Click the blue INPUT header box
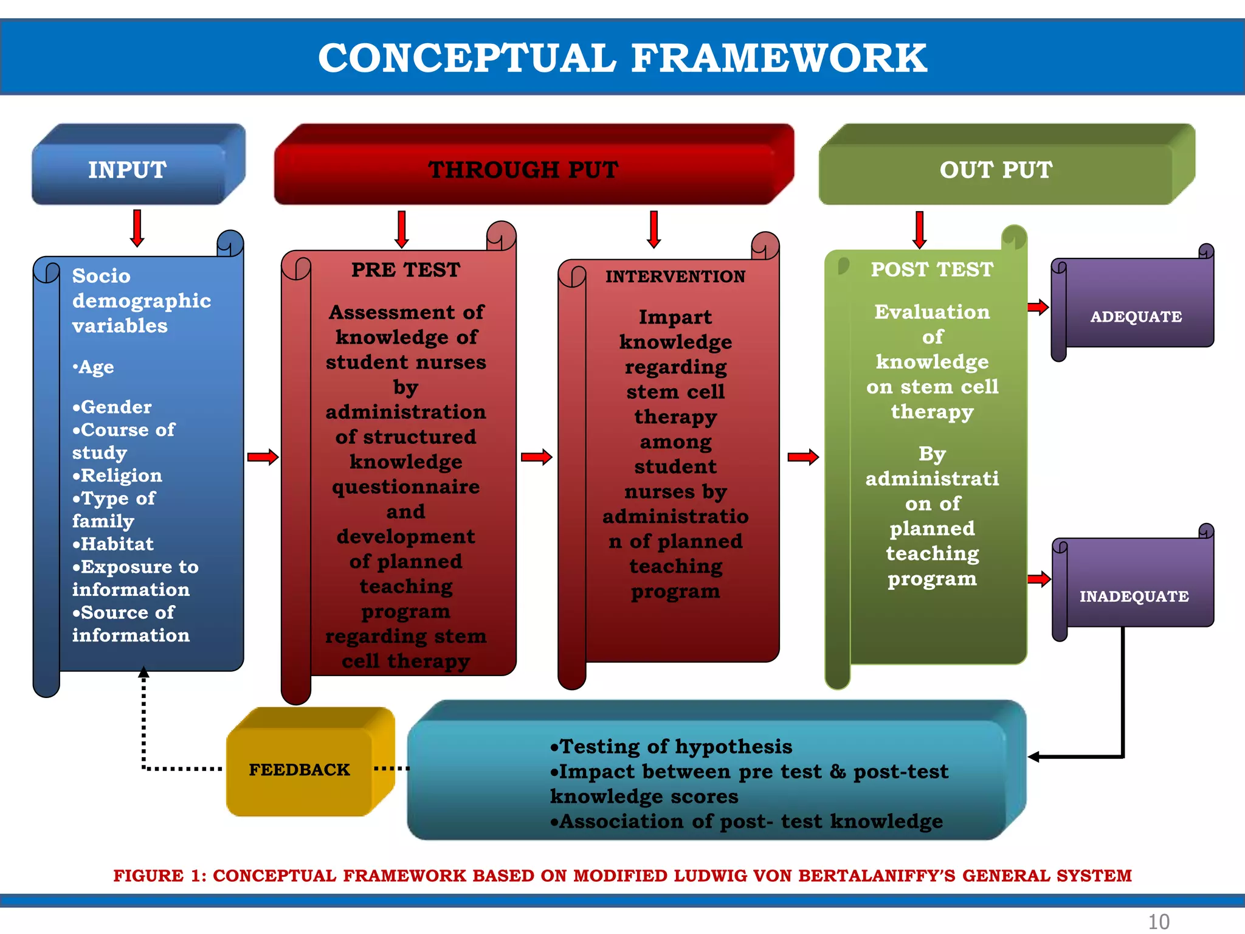click(128, 170)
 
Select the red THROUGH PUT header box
click(523, 170)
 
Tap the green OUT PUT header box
click(996, 170)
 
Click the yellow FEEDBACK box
click(299, 770)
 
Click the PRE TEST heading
click(406, 270)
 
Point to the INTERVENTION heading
click(675, 277)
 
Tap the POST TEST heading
click(931, 269)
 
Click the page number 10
click(1158, 921)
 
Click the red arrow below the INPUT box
click(137, 228)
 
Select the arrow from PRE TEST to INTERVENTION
click(536, 457)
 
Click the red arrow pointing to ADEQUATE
click(1038, 307)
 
